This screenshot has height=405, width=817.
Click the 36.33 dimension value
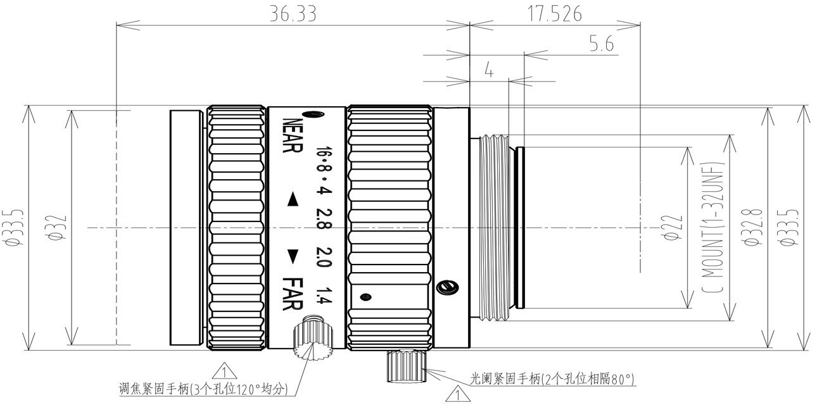[293, 14]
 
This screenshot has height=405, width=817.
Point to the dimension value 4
[489, 70]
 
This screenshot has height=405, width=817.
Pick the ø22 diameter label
[675, 227]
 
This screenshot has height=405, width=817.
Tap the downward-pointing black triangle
[293, 257]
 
